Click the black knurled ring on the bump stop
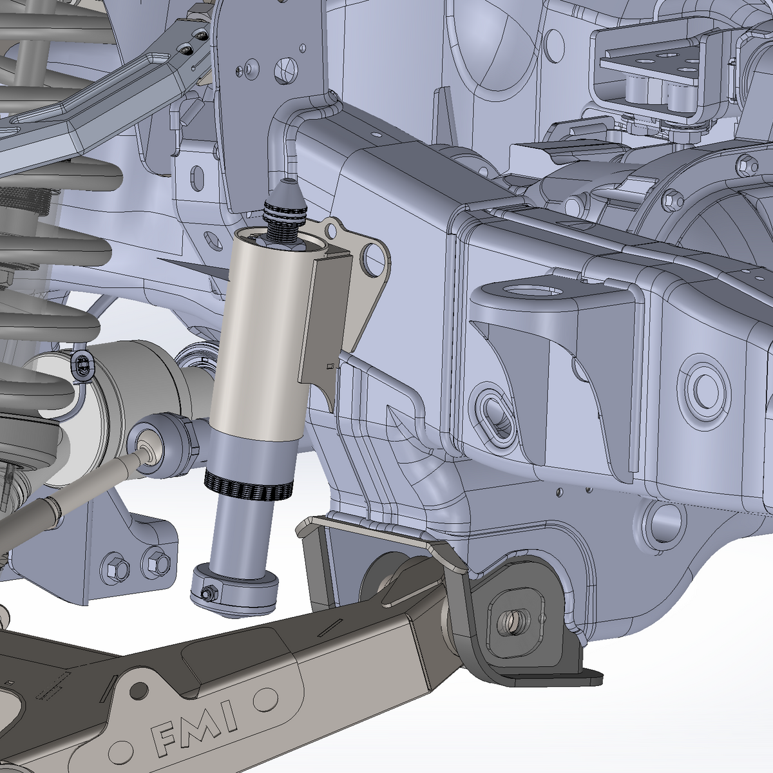click(248, 489)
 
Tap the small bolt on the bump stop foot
click(208, 593)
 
